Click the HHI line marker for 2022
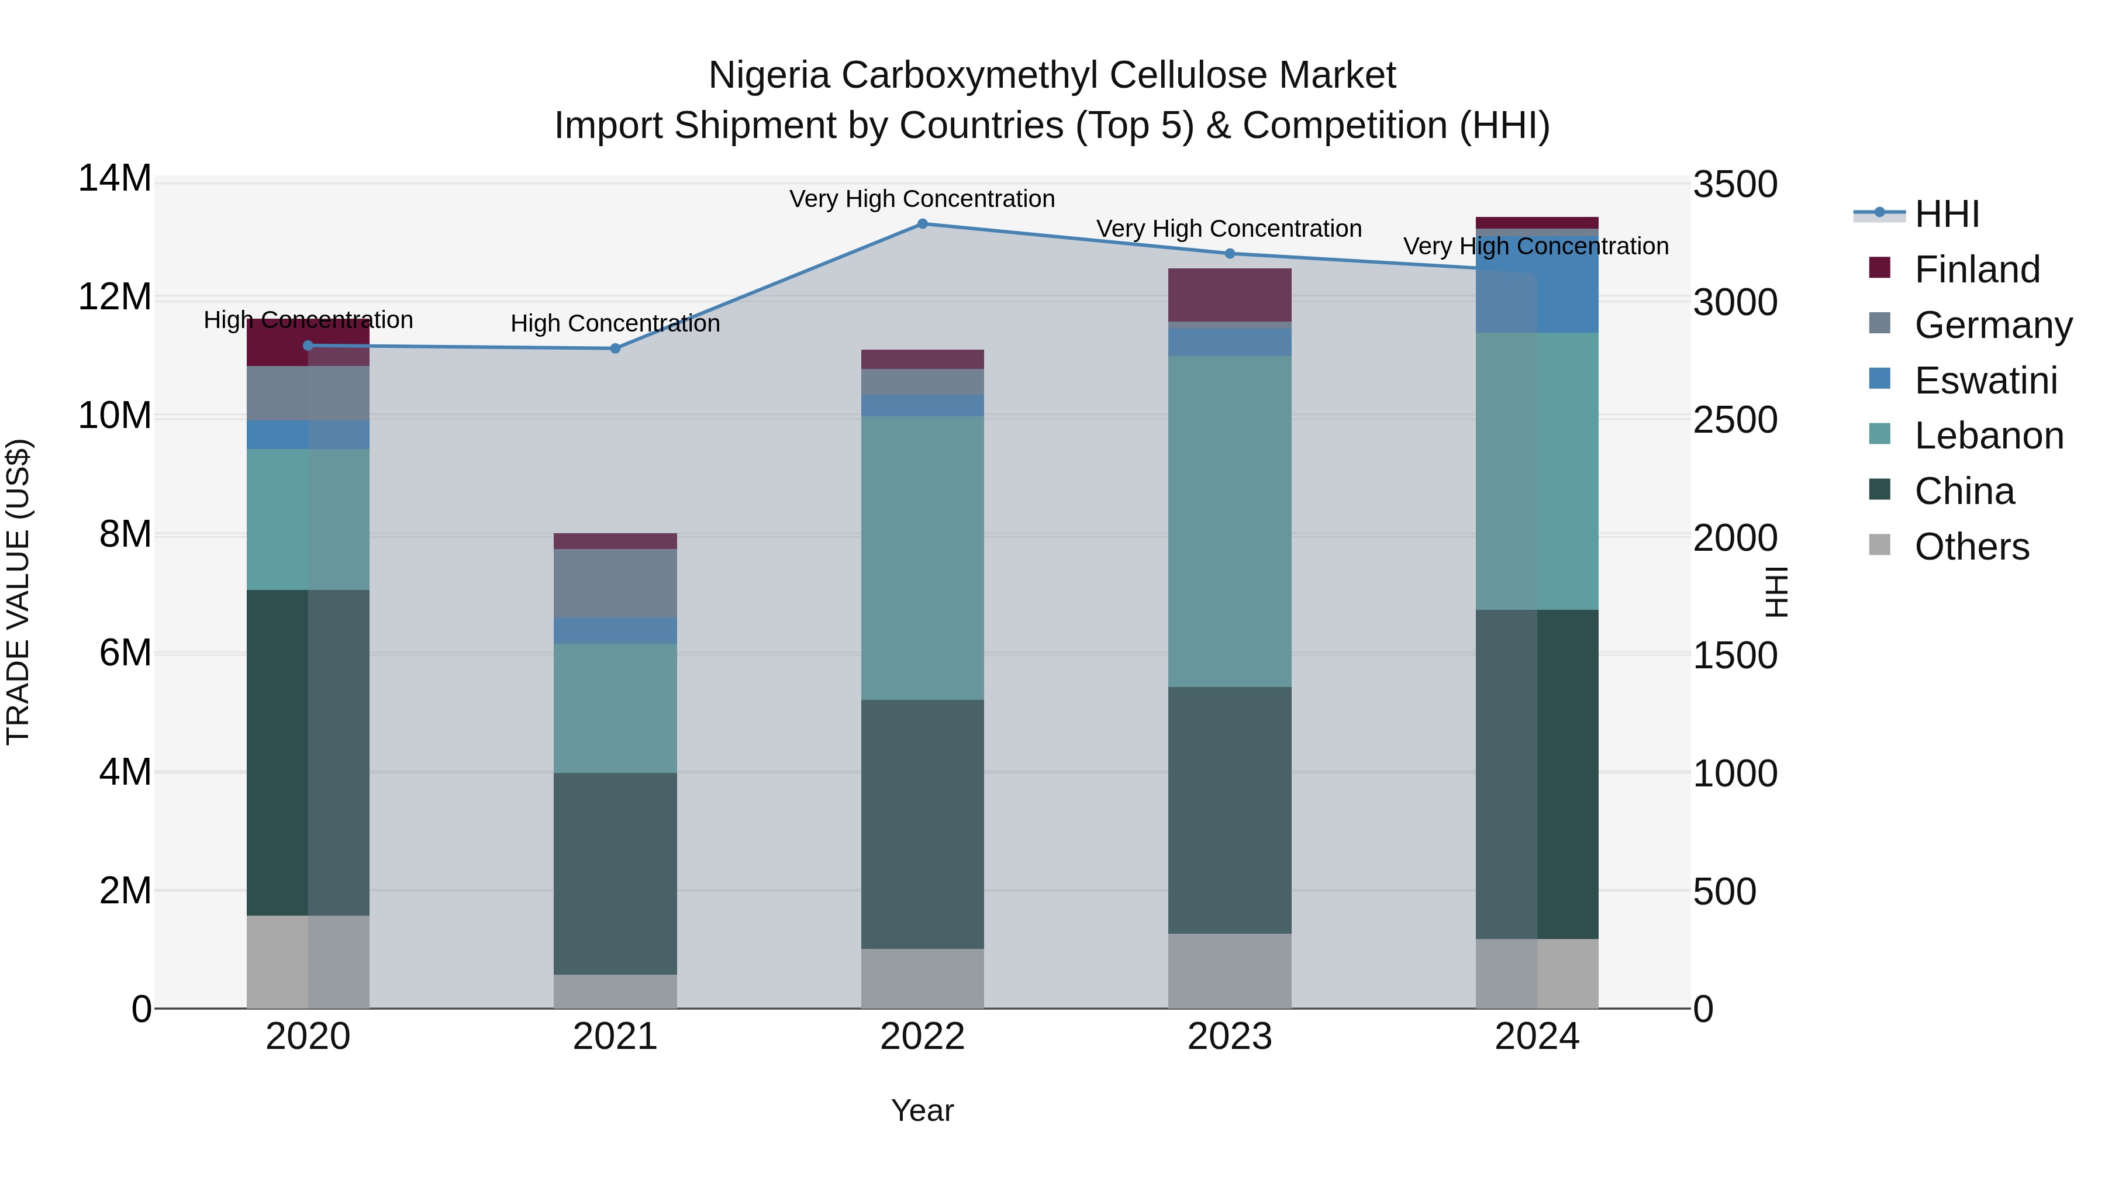pyautogui.click(x=923, y=223)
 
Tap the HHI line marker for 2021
pyautogui.click(x=615, y=349)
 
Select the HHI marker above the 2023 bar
pyautogui.click(x=1230, y=253)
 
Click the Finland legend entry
pyautogui.click(x=1977, y=270)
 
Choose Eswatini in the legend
pyautogui.click(x=1986, y=381)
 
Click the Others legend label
pyautogui.click(x=1972, y=547)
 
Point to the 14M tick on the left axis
pyautogui.click(x=115, y=179)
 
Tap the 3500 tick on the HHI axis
pyautogui.click(x=1735, y=185)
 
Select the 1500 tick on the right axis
pyautogui.click(x=1735, y=655)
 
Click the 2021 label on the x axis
pyautogui.click(x=615, y=1037)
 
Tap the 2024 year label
pyautogui.click(x=1537, y=1037)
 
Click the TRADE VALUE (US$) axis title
pyautogui.click(x=18, y=592)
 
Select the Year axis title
pyautogui.click(x=923, y=1110)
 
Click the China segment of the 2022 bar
pyautogui.click(x=923, y=824)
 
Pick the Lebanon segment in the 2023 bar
pyautogui.click(x=1230, y=522)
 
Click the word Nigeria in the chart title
pyautogui.click(x=769, y=75)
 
